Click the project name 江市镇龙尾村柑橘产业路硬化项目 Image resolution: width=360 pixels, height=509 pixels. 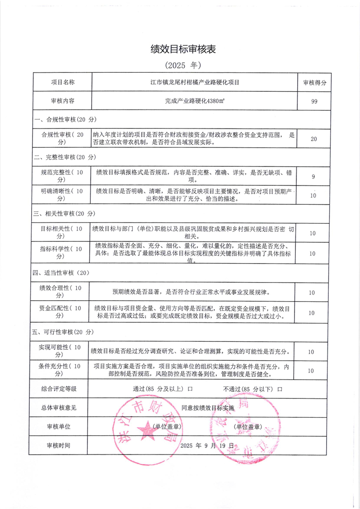(195, 83)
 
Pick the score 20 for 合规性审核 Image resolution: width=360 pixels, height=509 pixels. (314, 139)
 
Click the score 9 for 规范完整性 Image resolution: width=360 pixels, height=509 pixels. (314, 176)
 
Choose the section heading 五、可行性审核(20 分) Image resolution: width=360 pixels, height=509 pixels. (65, 332)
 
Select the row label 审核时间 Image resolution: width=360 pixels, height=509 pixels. (59, 445)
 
